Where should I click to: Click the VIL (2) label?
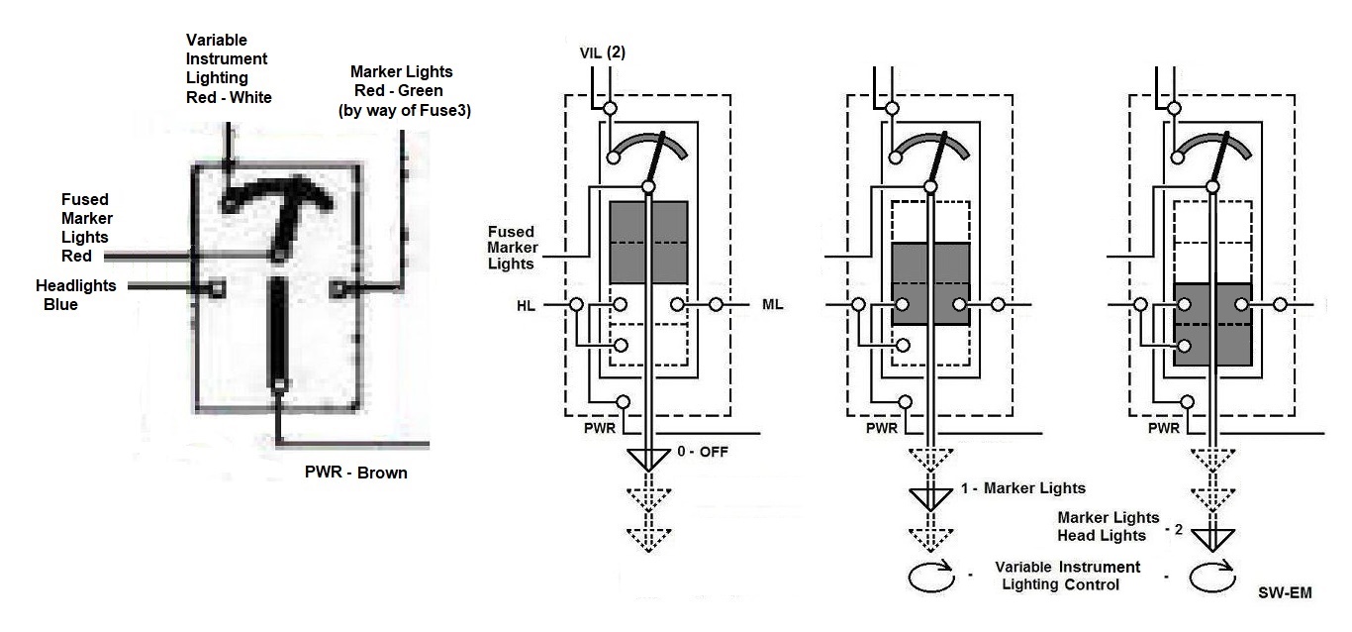point(603,53)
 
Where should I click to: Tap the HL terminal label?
point(526,306)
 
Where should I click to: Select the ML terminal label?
point(773,304)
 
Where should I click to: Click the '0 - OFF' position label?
point(703,452)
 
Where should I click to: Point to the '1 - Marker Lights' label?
point(1023,488)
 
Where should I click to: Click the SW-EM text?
point(1285,592)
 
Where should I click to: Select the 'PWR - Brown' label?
point(356,473)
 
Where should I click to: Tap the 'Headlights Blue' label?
point(75,295)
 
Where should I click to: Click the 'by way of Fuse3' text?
point(405,111)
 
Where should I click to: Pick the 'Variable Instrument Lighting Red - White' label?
point(229,68)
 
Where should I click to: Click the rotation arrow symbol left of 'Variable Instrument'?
point(931,576)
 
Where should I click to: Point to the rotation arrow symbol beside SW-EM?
point(1212,576)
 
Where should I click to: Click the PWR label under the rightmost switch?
point(1164,428)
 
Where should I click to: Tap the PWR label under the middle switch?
point(882,428)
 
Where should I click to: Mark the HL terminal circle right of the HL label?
point(576,304)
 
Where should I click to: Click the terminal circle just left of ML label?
point(716,304)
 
